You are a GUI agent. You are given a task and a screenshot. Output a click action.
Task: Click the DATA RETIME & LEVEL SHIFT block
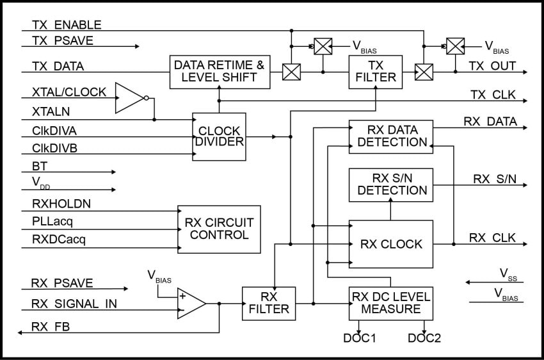click(220, 72)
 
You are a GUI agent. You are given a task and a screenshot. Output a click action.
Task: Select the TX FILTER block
click(375, 72)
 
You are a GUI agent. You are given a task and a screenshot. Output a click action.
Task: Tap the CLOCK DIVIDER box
click(219, 136)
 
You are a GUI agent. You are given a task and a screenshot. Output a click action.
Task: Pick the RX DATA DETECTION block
click(390, 136)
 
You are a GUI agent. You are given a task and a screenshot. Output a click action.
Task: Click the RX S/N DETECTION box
click(390, 184)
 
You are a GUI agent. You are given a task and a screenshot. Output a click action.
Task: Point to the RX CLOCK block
click(390, 244)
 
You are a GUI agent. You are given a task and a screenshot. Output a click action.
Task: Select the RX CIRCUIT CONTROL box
click(219, 229)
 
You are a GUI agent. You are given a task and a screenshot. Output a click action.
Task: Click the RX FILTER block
click(268, 304)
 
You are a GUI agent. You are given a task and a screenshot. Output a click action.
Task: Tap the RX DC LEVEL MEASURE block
click(390, 304)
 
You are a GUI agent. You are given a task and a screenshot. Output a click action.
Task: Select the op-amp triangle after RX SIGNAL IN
click(191, 304)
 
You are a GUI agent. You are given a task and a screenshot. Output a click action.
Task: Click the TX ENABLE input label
click(67, 26)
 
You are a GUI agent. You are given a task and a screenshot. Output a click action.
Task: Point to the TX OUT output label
click(492, 66)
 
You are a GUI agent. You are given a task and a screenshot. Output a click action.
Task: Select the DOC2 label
click(424, 338)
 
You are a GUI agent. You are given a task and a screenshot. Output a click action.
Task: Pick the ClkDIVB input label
click(54, 149)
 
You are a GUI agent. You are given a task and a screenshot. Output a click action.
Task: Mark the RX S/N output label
click(495, 179)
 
